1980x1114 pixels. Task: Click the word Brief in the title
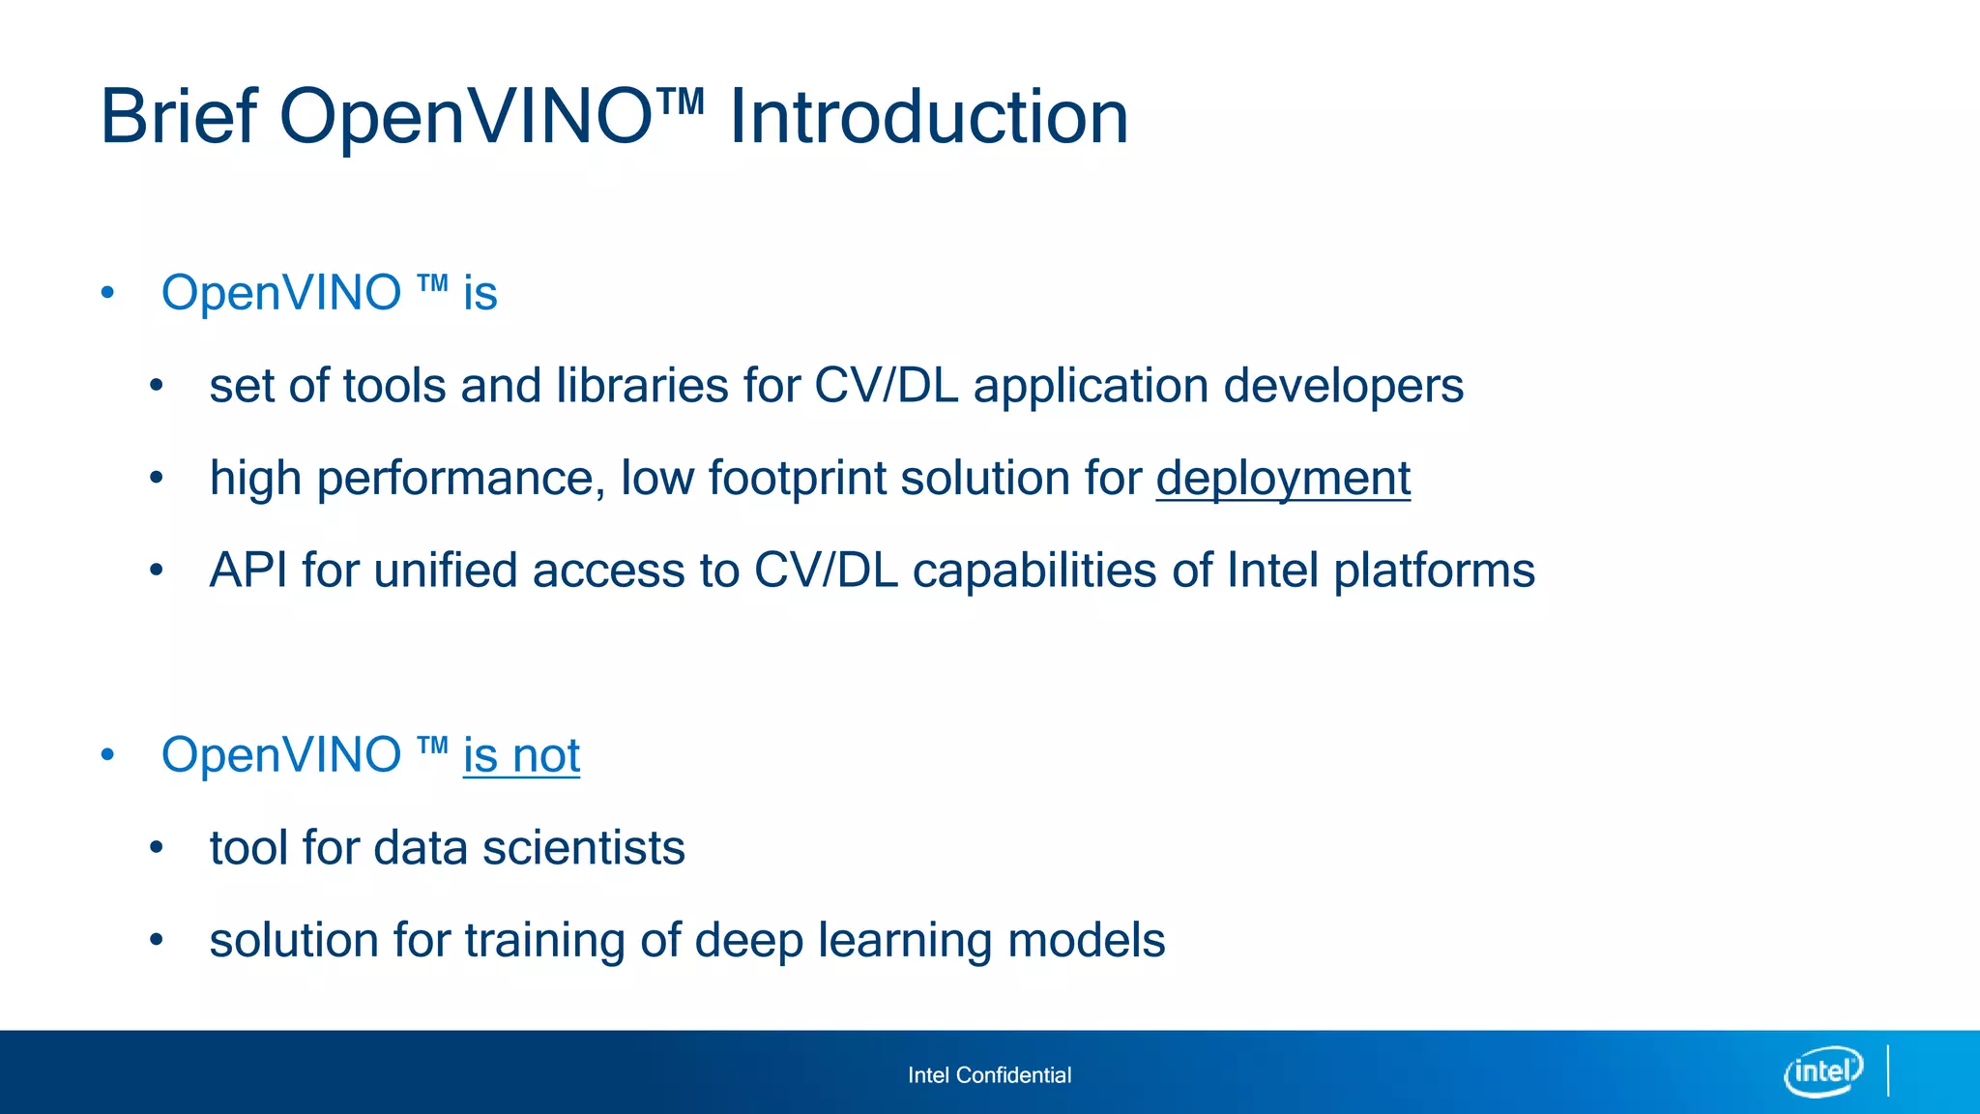click(x=179, y=117)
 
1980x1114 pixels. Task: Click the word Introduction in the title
click(x=928, y=117)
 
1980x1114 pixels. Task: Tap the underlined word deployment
click(x=1283, y=479)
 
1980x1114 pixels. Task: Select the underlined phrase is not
click(x=521, y=755)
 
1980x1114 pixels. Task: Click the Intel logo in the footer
click(x=1823, y=1071)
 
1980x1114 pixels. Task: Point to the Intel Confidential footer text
click(x=989, y=1075)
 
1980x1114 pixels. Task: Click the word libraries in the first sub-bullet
click(x=642, y=386)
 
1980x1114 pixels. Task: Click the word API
click(x=248, y=571)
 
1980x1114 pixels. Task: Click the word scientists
click(x=583, y=848)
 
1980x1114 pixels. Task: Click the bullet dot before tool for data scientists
click(x=157, y=848)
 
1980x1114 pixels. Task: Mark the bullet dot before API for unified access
click(x=157, y=571)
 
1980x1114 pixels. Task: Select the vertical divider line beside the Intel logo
click(x=1888, y=1070)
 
